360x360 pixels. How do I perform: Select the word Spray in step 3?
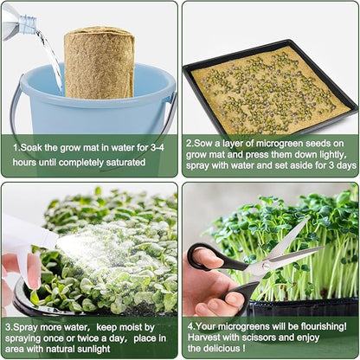pos(26,326)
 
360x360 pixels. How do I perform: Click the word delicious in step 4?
pos(228,350)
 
